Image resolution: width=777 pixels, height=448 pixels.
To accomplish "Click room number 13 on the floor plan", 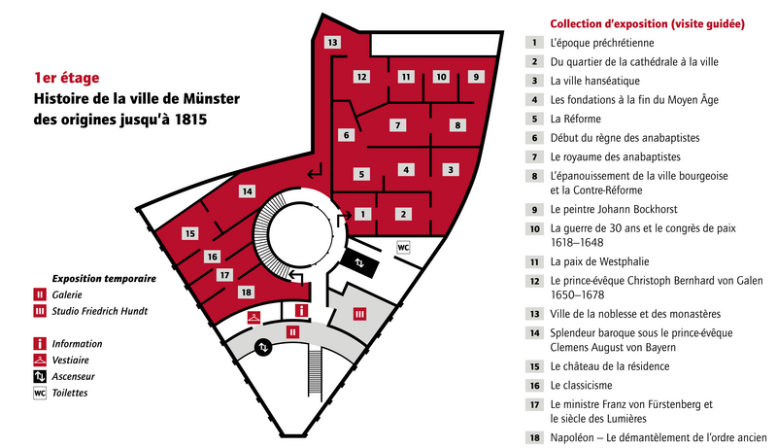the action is pos(332,42).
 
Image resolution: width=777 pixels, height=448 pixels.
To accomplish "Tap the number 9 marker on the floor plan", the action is pos(476,77).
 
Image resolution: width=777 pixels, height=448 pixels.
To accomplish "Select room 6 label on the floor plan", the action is pos(346,135).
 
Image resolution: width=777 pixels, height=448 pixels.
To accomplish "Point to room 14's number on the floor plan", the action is pos(248,191).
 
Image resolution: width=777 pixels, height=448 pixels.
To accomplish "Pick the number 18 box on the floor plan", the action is pos(247,293).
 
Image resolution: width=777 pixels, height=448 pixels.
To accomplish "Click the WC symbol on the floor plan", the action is pos(403,247).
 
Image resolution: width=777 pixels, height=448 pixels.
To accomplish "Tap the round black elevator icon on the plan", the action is pos(263,347).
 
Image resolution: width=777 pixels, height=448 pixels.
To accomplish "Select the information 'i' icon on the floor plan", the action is pos(301,311).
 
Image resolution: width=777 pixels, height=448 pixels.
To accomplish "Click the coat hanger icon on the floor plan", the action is pos(254,317).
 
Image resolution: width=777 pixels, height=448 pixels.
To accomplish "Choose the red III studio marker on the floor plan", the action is pos(359,314).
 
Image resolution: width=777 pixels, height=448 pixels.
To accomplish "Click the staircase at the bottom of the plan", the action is pos(315,371).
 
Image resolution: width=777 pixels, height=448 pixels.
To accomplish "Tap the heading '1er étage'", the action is pos(66,78).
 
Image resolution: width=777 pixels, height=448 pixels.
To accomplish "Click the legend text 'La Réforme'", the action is pos(575,119).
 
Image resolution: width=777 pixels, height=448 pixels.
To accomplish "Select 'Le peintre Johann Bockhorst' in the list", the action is pos(614,209).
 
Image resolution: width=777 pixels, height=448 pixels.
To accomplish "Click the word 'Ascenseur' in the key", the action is pos(74,377).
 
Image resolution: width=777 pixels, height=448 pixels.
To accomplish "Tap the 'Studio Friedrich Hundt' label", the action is pos(100,311).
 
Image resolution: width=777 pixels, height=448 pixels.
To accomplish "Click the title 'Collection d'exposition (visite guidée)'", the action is pos(647,23).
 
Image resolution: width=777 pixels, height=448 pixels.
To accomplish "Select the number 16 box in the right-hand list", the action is pos(534,386).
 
